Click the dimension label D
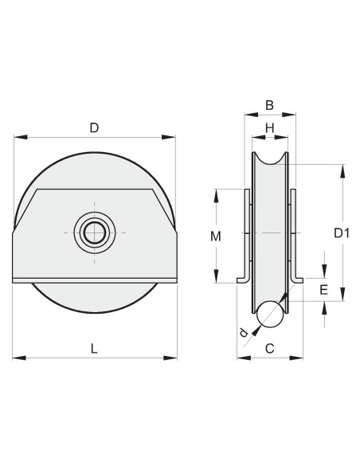pyautogui.click(x=94, y=127)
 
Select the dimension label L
pyautogui.click(x=94, y=348)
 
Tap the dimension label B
pyautogui.click(x=269, y=104)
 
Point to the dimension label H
pyautogui.click(x=269, y=127)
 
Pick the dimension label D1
pyautogui.click(x=342, y=233)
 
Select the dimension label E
pyautogui.click(x=323, y=290)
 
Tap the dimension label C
pyautogui.click(x=269, y=348)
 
